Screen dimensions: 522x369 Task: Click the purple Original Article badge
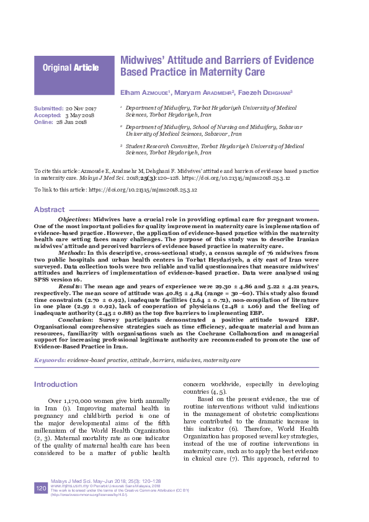(x=74, y=68)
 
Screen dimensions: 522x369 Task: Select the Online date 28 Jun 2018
(x=71, y=122)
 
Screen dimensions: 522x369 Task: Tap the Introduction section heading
(x=56, y=384)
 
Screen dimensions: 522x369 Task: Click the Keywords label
(x=50, y=360)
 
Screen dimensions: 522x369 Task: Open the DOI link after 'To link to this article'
(x=144, y=189)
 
